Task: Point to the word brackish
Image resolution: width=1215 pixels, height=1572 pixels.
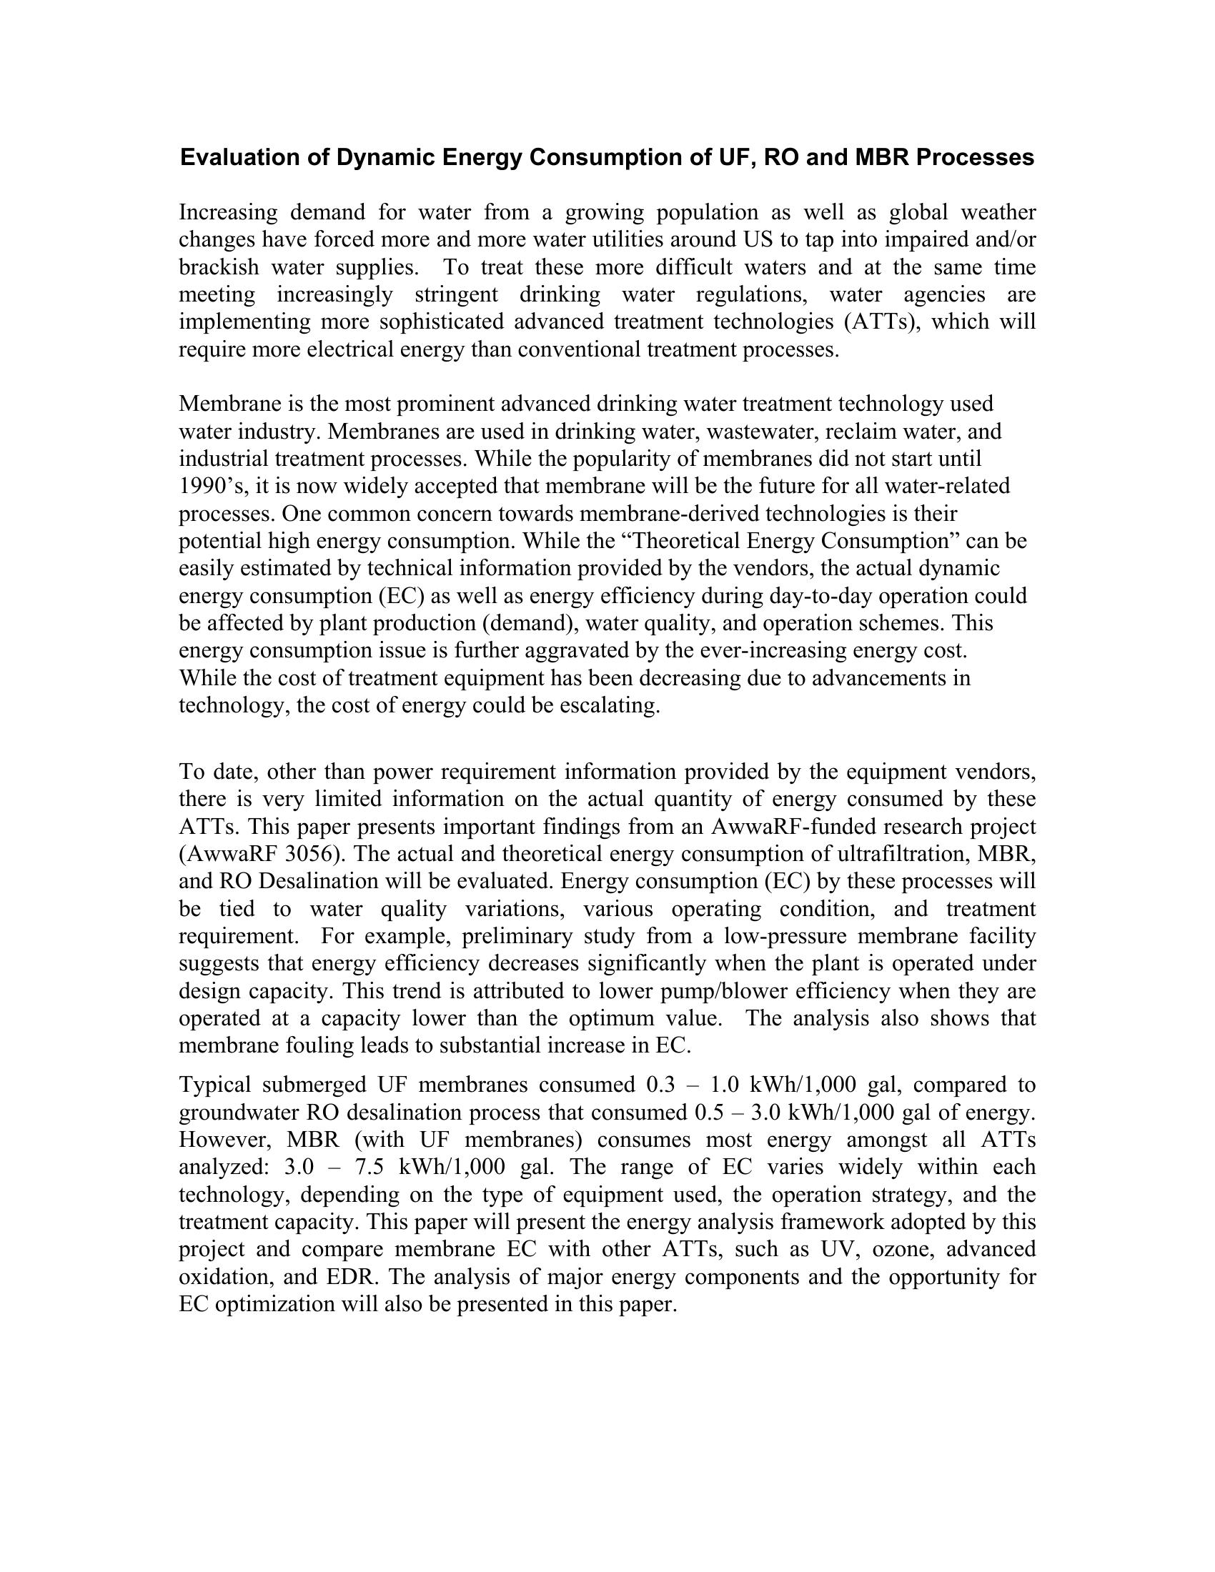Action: click(219, 267)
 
